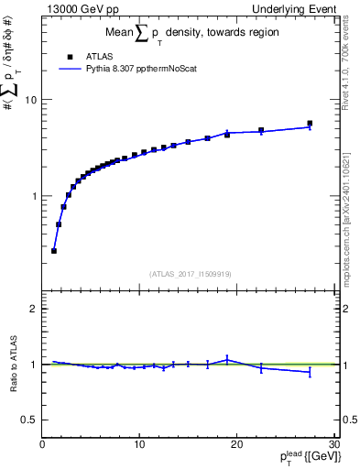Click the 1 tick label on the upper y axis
click(x=35, y=196)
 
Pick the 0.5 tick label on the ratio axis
click(x=30, y=420)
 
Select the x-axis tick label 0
click(x=43, y=444)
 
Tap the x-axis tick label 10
click(x=139, y=444)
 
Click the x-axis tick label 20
click(x=236, y=444)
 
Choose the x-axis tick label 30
click(x=333, y=444)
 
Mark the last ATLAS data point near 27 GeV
click(x=310, y=123)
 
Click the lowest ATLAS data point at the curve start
click(x=54, y=250)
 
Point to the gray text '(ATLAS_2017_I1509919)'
click(x=191, y=274)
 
